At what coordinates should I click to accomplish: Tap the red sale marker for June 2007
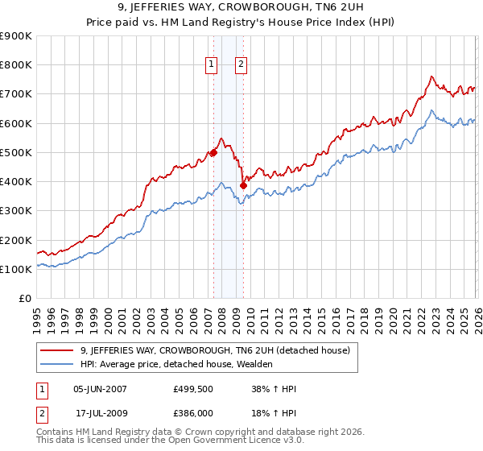(x=213, y=152)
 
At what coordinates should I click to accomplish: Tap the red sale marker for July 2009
(x=243, y=185)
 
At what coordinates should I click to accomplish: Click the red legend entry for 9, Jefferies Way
(x=215, y=350)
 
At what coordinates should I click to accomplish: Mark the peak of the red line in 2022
(x=431, y=77)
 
